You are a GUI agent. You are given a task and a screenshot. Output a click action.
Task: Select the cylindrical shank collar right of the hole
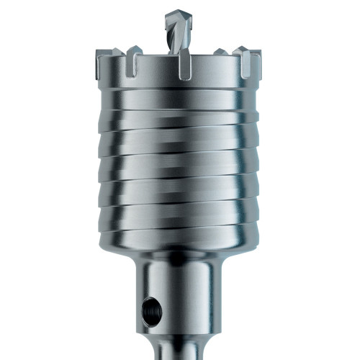point(191,302)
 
